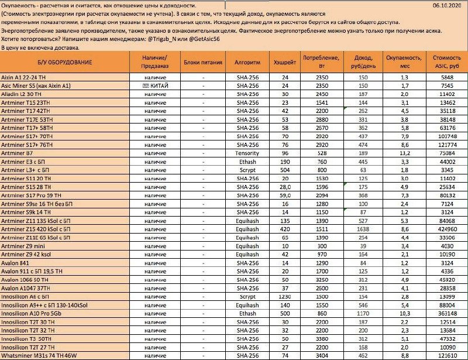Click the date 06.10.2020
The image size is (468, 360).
449,5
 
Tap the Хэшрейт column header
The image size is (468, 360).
285,61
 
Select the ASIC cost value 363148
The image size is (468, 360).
447,313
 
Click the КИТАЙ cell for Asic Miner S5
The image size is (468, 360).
155,85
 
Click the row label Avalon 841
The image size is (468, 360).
17,263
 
